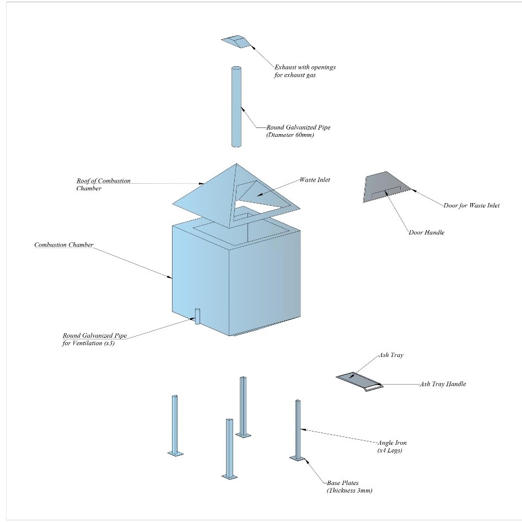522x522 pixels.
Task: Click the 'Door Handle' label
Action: (x=426, y=232)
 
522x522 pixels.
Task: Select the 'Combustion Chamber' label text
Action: (x=64, y=244)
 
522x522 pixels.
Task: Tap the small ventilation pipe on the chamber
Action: (x=197, y=317)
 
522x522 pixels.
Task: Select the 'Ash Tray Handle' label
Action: (x=443, y=384)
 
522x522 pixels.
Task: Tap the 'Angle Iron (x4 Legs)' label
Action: (x=392, y=446)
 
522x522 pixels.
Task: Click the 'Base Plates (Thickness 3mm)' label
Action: (x=349, y=487)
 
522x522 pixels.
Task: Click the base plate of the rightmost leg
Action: (x=298, y=458)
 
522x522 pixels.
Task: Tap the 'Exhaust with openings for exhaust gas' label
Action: (x=305, y=71)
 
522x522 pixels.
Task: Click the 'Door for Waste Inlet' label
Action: (x=471, y=205)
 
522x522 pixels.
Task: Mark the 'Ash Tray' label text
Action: (x=391, y=355)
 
